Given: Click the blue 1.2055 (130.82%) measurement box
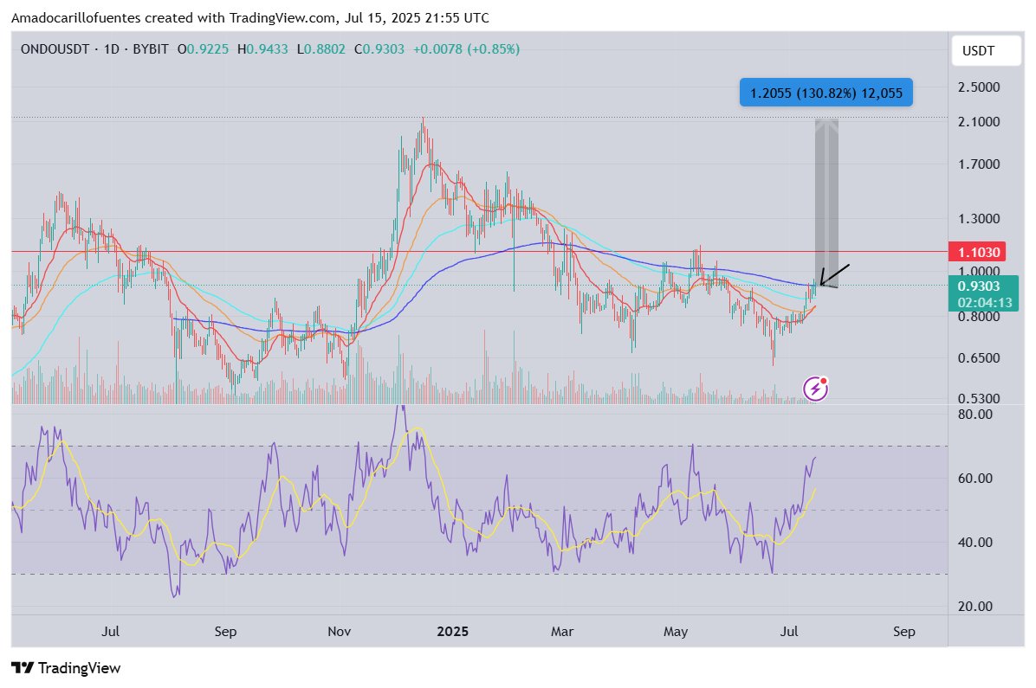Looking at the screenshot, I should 826,93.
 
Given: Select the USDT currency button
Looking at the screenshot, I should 978,52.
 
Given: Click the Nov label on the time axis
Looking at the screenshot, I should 340,632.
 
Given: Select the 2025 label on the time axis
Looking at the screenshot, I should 452,632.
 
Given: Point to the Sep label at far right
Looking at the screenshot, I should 903,632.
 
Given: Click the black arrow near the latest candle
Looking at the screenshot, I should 835,274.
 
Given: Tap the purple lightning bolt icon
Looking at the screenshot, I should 815,389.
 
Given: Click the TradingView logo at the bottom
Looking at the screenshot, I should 66,668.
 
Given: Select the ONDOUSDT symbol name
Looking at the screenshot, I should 54,49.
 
